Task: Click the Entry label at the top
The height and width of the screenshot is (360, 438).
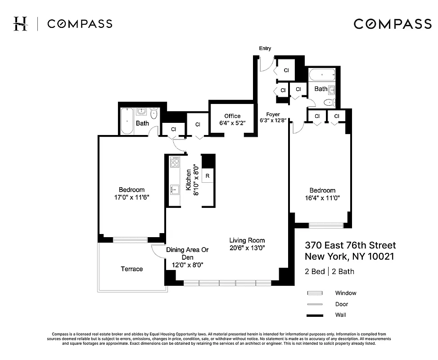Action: click(265, 49)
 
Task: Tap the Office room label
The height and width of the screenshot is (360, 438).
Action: click(232, 116)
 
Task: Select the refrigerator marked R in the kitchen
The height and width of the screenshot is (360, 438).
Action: click(208, 176)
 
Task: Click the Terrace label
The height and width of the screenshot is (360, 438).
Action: click(131, 269)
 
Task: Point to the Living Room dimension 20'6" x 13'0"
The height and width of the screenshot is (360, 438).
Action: click(247, 248)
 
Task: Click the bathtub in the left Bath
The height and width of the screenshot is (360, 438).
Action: click(127, 121)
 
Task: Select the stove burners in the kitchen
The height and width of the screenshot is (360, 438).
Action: click(174, 162)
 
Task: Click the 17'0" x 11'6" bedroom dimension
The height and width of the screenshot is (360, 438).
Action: click(131, 197)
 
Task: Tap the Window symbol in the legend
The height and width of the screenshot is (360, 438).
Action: click(315, 293)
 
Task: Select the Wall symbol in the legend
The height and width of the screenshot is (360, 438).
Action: click(315, 315)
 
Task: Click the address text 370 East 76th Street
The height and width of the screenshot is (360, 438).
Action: click(350, 246)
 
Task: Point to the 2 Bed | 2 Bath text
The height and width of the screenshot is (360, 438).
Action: click(329, 271)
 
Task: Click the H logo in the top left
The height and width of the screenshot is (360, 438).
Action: click(20, 23)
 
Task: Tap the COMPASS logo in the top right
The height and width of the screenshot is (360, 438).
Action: click(393, 24)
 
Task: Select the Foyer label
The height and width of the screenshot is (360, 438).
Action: click(273, 114)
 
